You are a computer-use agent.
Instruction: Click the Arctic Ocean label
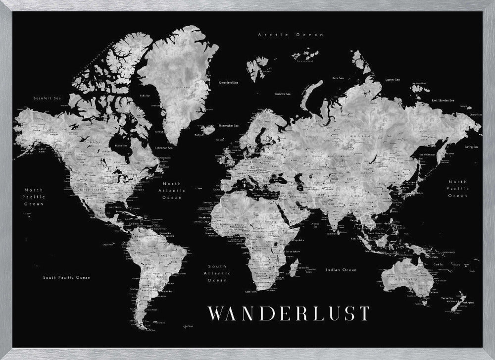(291, 35)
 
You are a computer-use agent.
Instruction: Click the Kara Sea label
(339, 78)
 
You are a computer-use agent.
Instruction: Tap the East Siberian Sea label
(449, 101)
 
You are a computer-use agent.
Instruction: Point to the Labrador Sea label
(164, 148)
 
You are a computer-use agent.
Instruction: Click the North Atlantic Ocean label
(172, 190)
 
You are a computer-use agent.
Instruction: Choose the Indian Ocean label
(341, 270)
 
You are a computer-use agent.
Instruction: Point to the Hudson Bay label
(121, 146)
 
